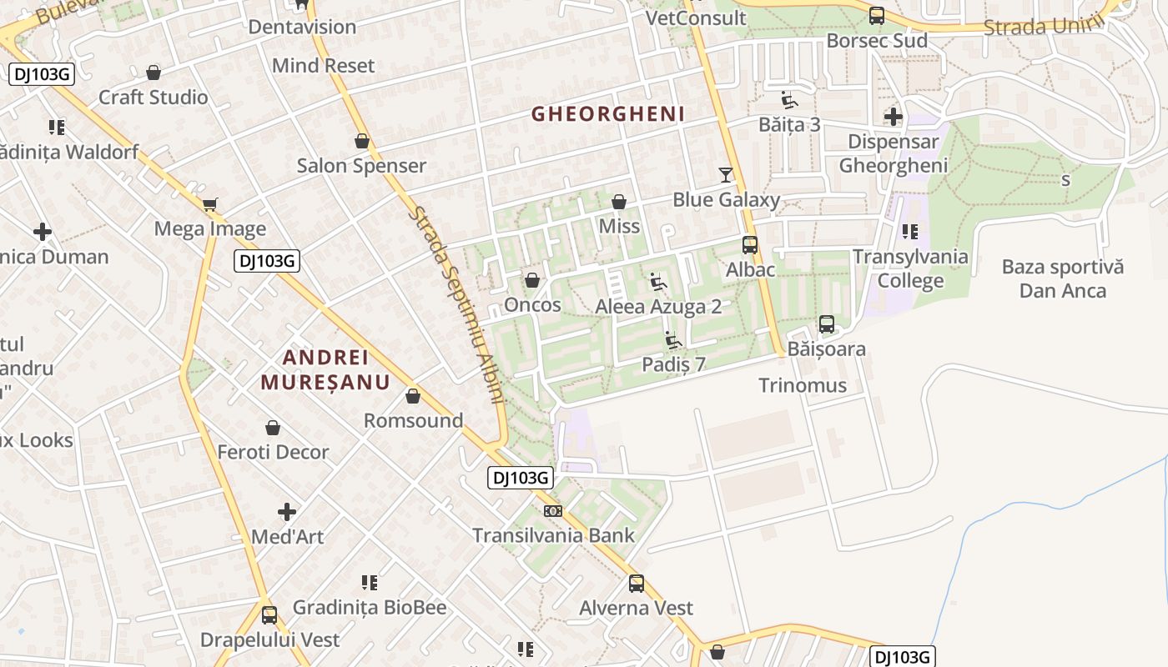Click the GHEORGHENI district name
607,114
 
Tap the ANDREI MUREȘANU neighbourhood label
325,370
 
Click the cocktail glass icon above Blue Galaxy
726,174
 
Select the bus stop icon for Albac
749,245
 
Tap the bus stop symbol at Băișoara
826,324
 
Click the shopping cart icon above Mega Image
210,204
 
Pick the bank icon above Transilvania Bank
552,511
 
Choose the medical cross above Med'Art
287,511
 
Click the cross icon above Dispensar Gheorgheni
893,117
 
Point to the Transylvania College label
910,268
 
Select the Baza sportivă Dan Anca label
1062,278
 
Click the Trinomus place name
803,385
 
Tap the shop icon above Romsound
412,396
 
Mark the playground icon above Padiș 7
672,340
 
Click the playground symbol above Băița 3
788,100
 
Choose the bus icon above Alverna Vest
636,584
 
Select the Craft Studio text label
154,98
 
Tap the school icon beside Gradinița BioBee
370,582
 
